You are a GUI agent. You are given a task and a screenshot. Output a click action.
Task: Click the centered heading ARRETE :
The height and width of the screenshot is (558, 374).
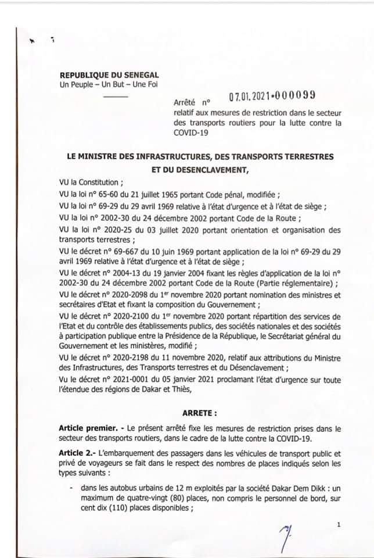pos(200,413)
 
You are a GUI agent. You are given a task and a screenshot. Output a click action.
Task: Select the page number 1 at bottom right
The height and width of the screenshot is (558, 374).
pos(337,525)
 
